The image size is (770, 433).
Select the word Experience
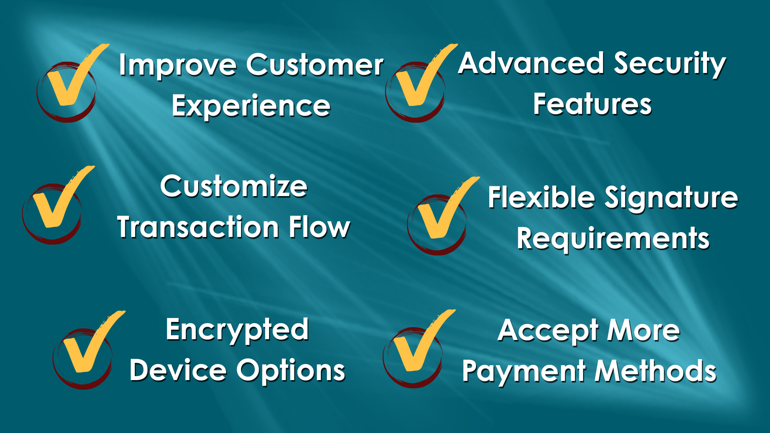tap(251, 107)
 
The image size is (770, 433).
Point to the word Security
tap(670, 65)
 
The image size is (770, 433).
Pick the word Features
tap(592, 104)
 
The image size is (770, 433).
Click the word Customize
tap(234, 186)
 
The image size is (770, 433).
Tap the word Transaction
tap(198, 227)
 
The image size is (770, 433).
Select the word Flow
tap(320, 227)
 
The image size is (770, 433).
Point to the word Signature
tap(671, 199)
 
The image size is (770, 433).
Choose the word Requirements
tap(613, 239)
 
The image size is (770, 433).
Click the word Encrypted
tap(237, 331)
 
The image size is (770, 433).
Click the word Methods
tap(655, 371)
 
